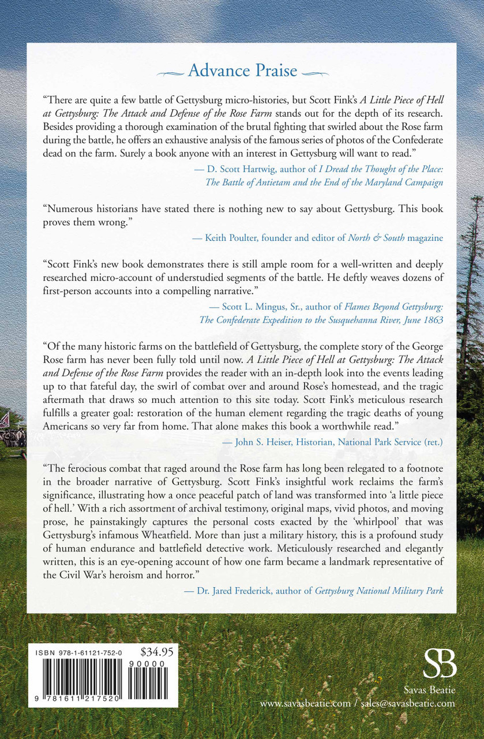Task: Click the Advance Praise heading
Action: (242, 71)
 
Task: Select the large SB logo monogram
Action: (440, 662)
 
